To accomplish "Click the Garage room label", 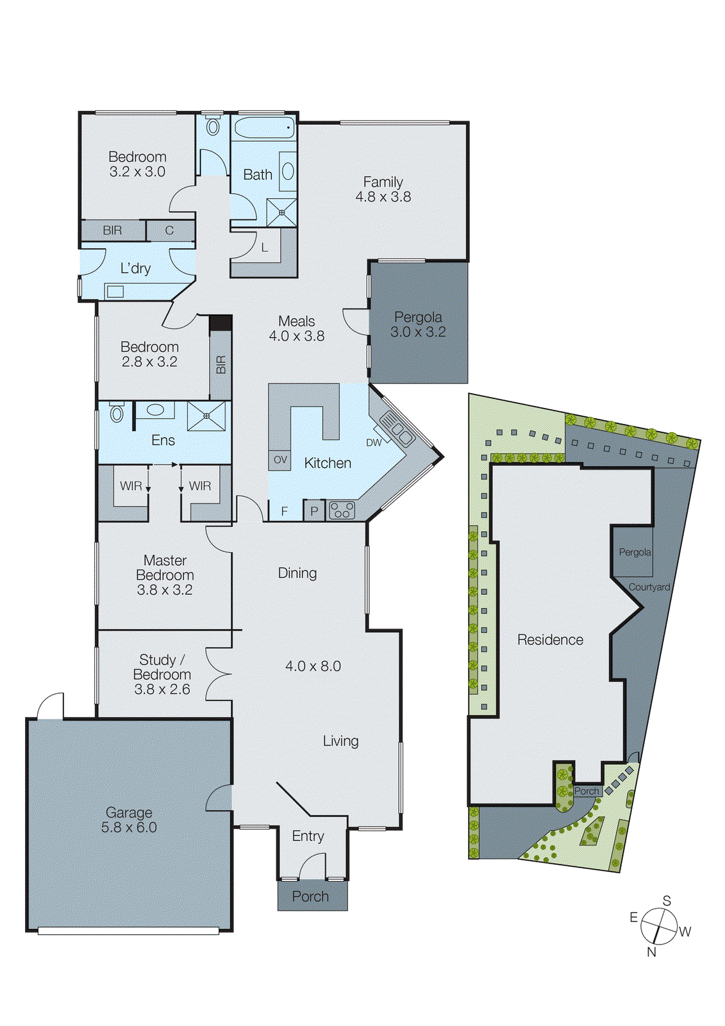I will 129,812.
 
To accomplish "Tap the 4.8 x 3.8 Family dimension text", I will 383,197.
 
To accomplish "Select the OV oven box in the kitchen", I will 280,460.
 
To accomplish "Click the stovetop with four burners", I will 342,510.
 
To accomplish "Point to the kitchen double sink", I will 397,429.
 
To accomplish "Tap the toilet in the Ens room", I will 117,412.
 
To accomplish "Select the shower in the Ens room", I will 206,416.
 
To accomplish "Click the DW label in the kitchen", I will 374,442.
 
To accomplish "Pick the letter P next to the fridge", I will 314,511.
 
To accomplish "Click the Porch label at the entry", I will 310,896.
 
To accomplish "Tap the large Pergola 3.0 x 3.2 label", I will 418,324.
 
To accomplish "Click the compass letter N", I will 651,952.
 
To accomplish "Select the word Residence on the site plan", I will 550,639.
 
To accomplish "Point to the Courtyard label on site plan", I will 649,587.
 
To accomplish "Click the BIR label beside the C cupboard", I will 112,230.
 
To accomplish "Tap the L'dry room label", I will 135,268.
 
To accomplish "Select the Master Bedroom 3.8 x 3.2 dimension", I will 165,590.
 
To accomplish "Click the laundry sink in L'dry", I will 115,292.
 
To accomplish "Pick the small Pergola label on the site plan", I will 635,552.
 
